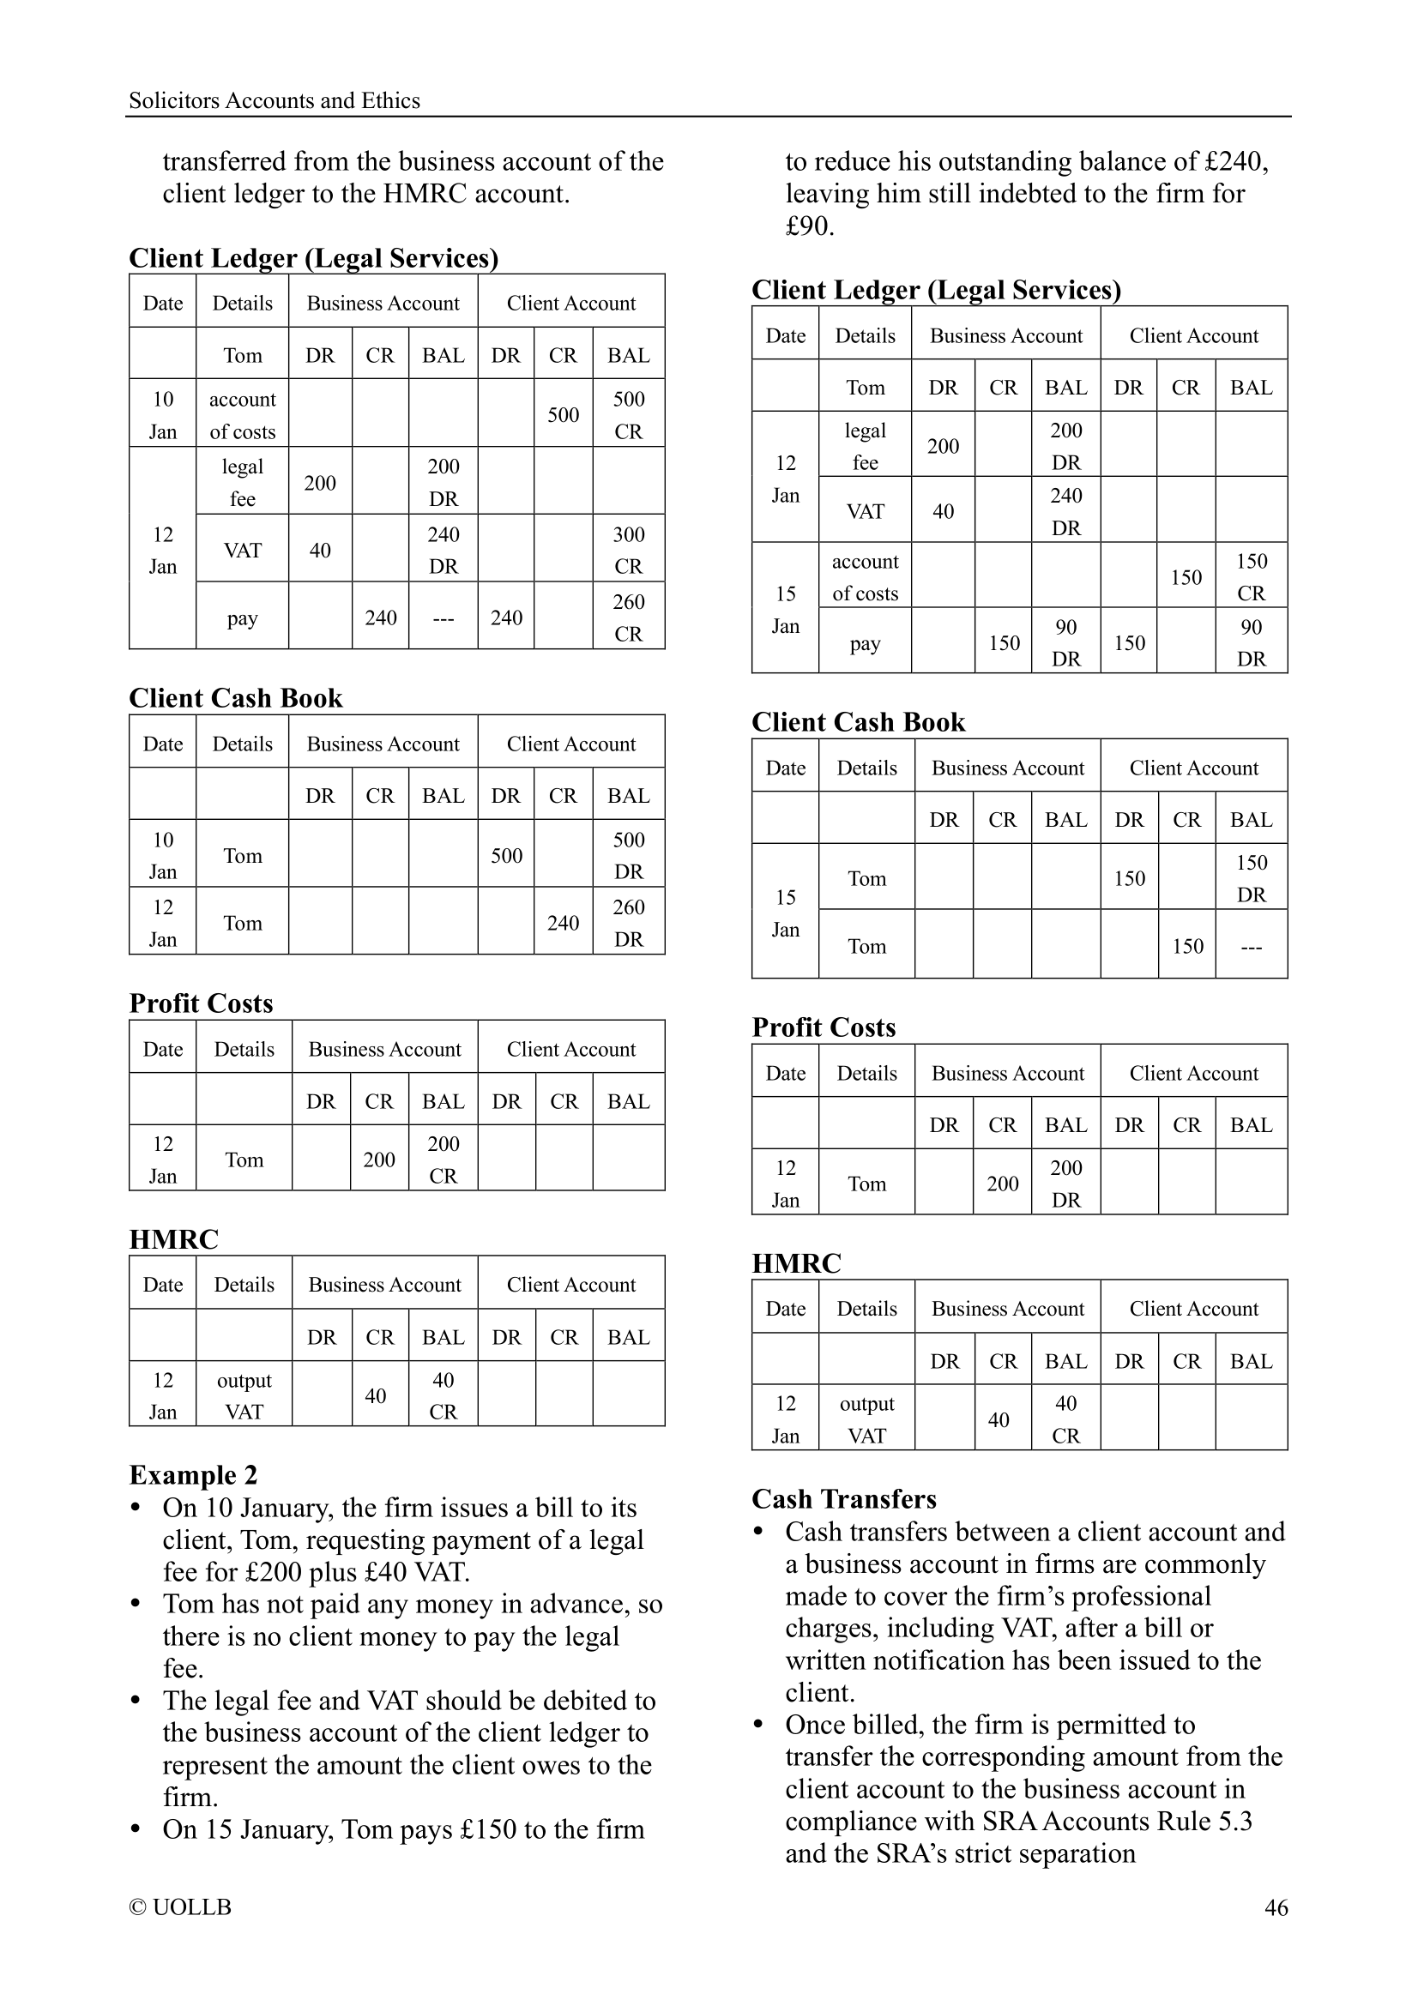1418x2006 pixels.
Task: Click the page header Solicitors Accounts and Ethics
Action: tap(274, 100)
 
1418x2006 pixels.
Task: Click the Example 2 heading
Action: tap(193, 1475)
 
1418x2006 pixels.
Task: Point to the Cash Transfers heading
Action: tap(843, 1499)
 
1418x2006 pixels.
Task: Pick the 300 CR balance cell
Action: tap(628, 550)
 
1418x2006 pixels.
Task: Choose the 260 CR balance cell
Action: tap(628, 617)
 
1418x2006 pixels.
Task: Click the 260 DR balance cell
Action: tap(628, 923)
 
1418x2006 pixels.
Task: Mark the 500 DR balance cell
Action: tap(628, 855)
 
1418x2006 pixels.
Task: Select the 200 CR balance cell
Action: tap(443, 1160)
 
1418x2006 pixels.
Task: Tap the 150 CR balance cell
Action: tap(1251, 576)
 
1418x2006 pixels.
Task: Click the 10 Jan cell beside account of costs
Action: tap(162, 415)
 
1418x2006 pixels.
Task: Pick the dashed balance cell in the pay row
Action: tap(443, 617)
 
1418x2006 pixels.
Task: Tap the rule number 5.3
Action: tap(1233, 1821)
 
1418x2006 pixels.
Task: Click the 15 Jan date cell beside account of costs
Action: tap(786, 609)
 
